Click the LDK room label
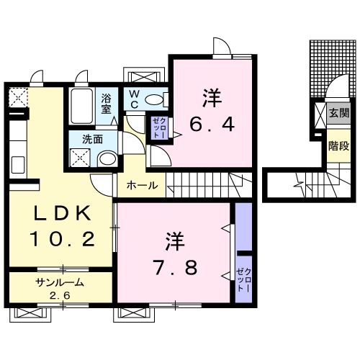60,214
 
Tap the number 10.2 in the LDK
62,238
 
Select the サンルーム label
61,282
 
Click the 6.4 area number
212,125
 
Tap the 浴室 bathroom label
107,104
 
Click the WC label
135,99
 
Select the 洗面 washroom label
90,140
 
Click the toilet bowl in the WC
155,100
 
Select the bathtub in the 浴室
81,106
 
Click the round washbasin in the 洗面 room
106,159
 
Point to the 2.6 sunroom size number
61,294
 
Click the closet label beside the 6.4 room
158,127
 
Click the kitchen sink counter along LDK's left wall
16,151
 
